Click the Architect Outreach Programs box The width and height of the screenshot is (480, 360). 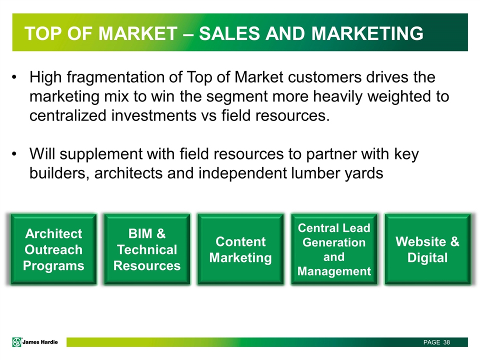53,249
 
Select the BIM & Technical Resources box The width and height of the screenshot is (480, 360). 147,249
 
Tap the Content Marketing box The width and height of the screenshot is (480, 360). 240,249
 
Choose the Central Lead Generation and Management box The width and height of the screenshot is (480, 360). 334,249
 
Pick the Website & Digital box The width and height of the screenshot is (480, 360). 427,249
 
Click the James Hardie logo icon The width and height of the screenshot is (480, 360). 17,342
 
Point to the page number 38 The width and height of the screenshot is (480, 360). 446,342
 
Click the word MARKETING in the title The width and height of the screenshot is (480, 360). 367,33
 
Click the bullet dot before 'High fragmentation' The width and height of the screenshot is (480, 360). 14,77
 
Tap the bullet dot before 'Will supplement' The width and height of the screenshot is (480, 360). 14,154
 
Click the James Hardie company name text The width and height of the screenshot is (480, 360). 40,342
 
